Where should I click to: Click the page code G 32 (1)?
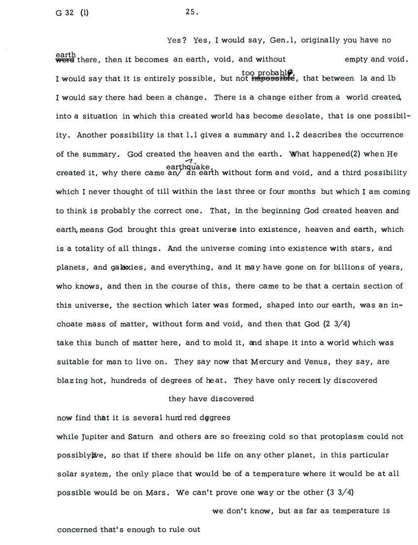point(72,14)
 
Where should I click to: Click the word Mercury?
point(268,361)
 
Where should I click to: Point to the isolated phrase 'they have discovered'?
point(211,399)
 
